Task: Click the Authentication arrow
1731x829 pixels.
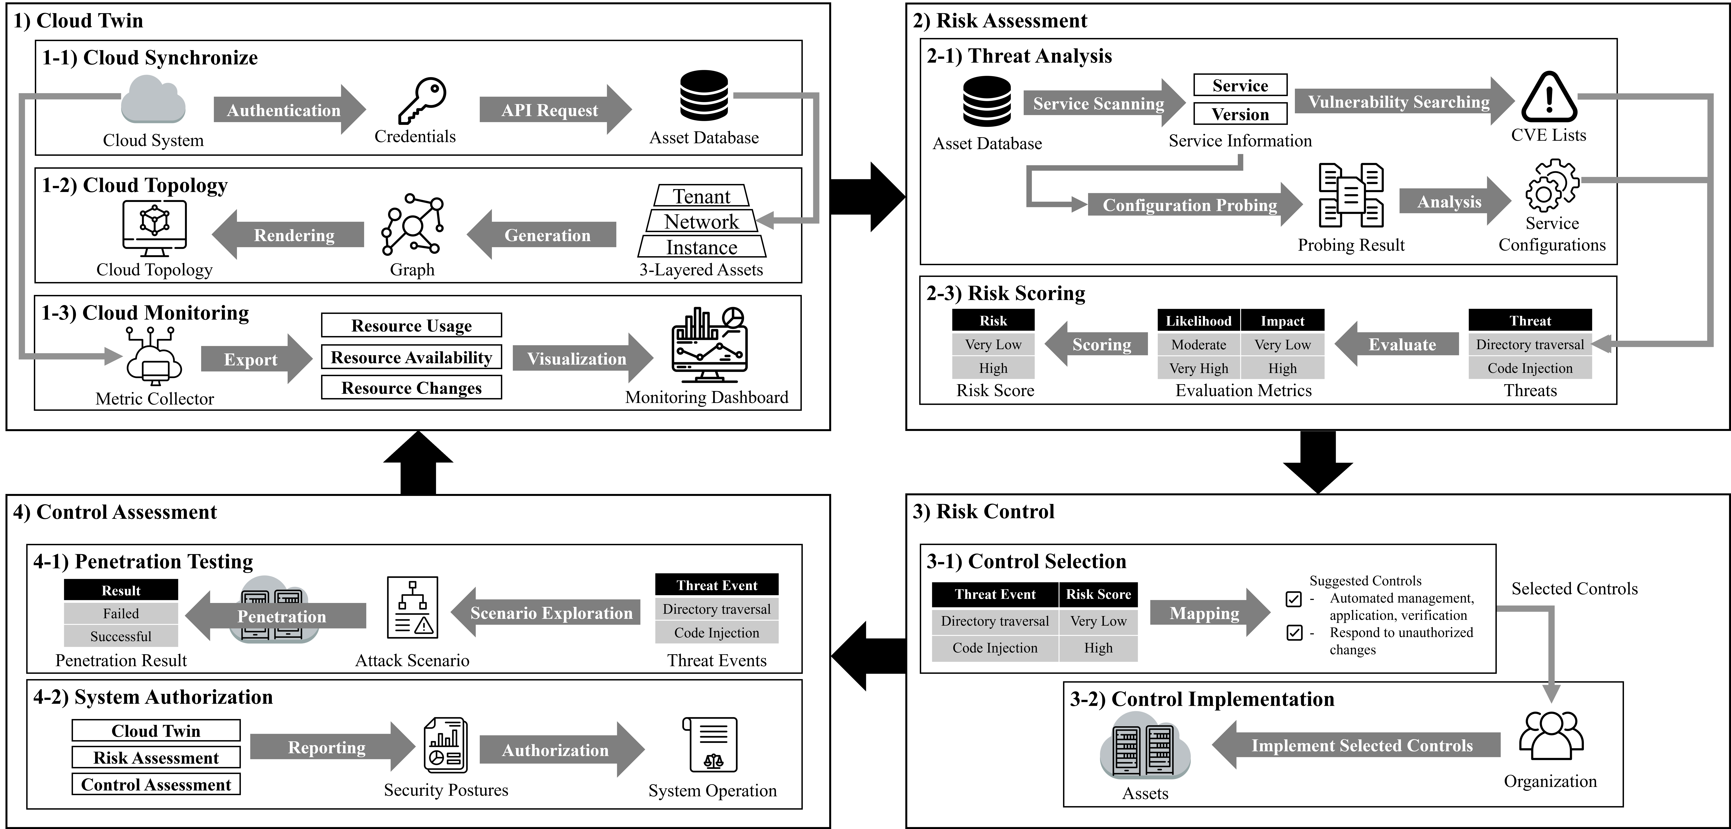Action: tap(286, 110)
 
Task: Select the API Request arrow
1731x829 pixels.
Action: tap(551, 110)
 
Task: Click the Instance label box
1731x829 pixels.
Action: tap(702, 247)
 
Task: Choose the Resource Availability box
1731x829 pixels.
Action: tap(411, 357)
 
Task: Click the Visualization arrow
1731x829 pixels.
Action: tap(578, 358)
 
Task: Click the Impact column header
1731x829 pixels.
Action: tap(1282, 321)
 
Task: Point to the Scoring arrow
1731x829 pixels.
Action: tap(1099, 344)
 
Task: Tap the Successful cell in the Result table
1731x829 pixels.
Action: tap(121, 636)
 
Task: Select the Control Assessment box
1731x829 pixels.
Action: tap(156, 785)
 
